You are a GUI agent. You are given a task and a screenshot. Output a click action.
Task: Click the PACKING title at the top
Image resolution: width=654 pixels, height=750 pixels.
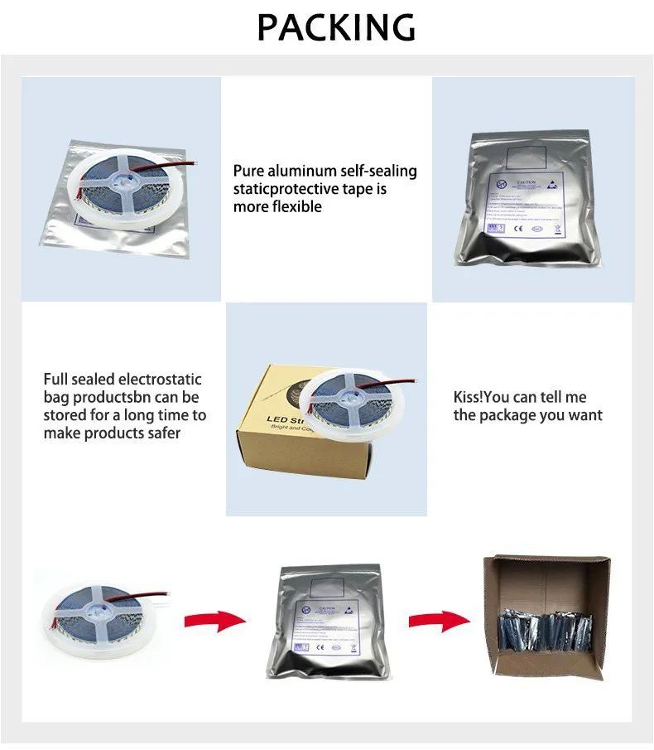[x=336, y=27]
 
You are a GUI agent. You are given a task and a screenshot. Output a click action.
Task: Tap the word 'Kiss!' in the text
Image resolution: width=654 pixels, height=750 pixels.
[x=472, y=398]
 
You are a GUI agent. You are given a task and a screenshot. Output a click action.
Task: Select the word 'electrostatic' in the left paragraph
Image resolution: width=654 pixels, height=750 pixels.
[x=160, y=380]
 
